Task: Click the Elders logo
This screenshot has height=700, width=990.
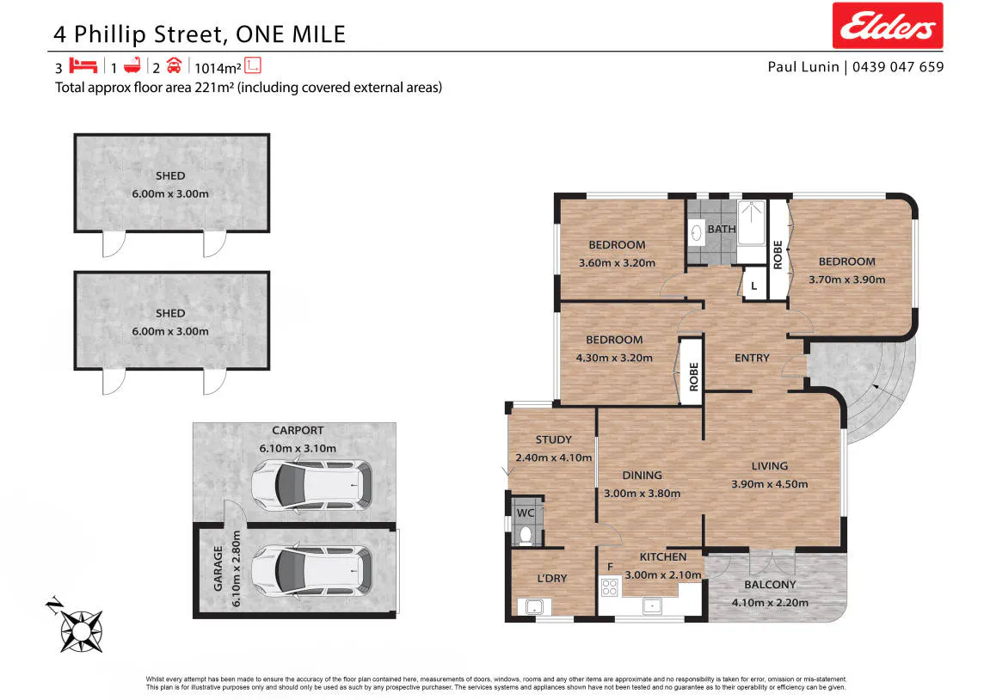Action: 887,25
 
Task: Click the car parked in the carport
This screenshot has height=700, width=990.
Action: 312,485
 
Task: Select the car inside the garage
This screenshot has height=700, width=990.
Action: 312,571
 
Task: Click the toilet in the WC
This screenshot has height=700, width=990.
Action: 525,536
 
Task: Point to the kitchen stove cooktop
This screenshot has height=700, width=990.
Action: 609,587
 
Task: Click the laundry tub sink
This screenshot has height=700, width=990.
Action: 534,607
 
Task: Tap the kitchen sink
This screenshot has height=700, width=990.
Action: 652,606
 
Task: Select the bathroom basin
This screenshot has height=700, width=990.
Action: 697,234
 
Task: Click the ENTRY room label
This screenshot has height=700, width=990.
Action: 752,358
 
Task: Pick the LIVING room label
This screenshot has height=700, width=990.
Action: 770,466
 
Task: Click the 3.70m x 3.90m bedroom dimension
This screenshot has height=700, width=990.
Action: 846,279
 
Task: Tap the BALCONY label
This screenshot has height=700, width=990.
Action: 770,585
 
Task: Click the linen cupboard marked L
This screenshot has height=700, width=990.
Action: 753,286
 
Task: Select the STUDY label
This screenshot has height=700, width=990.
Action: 554,439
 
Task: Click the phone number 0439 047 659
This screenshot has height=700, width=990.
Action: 898,67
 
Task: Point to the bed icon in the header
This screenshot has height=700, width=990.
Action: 83,65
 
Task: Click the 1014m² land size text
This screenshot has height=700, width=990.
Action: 218,68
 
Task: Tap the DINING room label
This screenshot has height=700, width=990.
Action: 643,476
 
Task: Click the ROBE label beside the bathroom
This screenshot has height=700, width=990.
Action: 778,255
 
